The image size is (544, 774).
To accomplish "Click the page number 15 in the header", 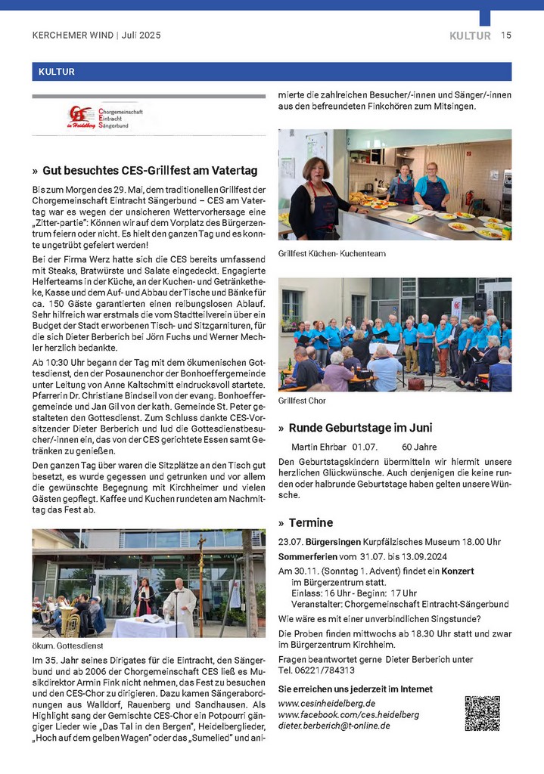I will [x=506, y=36].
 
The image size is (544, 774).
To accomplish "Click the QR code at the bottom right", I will [x=482, y=713].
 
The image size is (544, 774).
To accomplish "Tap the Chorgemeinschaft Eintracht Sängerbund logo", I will [x=105, y=117].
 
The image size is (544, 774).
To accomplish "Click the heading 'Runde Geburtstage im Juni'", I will [x=356, y=428].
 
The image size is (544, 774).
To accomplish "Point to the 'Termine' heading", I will [x=310, y=523].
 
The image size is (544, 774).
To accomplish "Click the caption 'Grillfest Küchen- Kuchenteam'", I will [x=331, y=253].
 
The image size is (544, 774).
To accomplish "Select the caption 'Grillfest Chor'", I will [x=302, y=400].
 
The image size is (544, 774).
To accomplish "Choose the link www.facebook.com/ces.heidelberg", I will [x=348, y=714].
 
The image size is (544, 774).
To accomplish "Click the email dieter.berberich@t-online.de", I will [x=334, y=726].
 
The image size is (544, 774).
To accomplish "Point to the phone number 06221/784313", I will [x=327, y=670].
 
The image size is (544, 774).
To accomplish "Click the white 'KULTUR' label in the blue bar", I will [x=53, y=73].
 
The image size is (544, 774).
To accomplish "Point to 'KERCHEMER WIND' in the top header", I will [x=73, y=36].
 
